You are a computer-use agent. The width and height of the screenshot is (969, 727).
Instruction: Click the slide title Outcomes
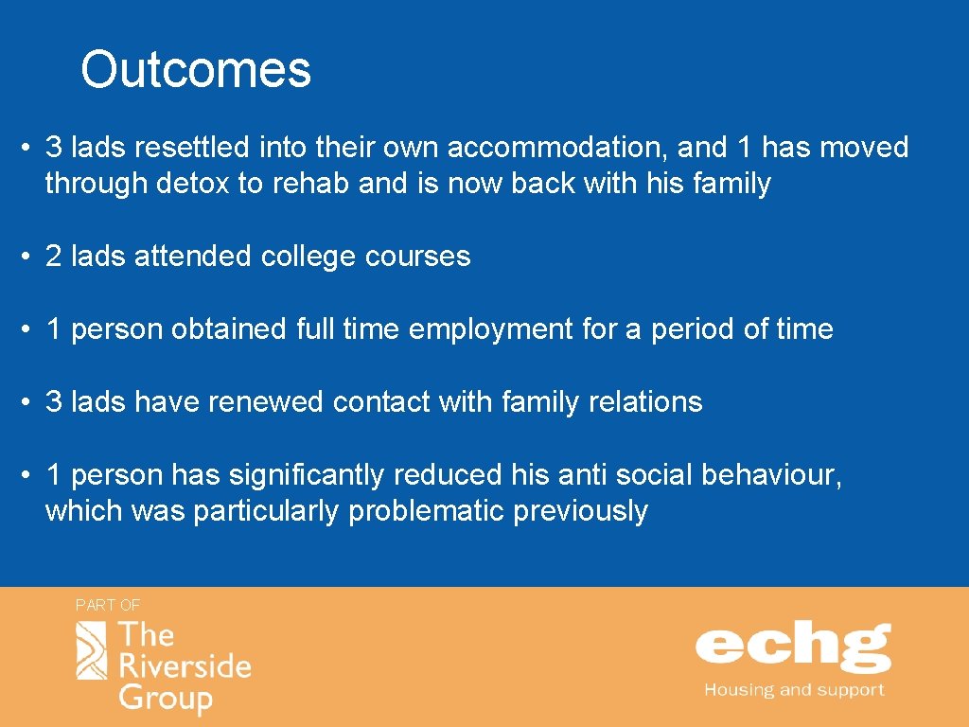coord(196,70)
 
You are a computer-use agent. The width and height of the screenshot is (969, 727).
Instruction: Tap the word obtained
coord(228,329)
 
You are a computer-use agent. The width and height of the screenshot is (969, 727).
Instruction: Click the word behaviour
coord(769,475)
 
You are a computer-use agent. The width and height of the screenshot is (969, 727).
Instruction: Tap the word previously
coord(580,511)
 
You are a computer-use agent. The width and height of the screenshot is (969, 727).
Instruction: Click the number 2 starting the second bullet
coord(54,257)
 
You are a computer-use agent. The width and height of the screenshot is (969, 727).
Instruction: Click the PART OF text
coord(108,605)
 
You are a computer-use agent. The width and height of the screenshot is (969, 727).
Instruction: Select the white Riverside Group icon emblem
coord(92,650)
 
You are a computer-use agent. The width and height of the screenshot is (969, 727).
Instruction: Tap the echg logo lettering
coord(793,647)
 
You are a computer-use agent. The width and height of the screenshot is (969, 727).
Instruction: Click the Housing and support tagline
coord(793,690)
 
